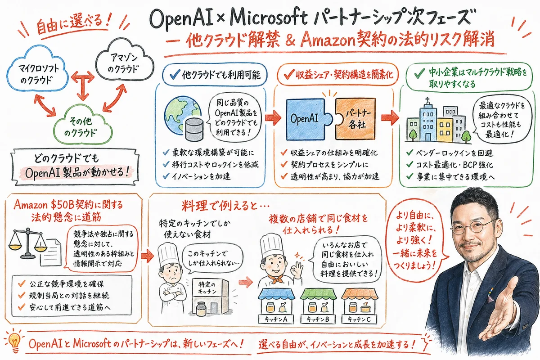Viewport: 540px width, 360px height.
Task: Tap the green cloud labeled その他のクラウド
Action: coord(82,124)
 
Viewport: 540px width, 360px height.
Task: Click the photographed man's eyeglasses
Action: coord(472,225)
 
